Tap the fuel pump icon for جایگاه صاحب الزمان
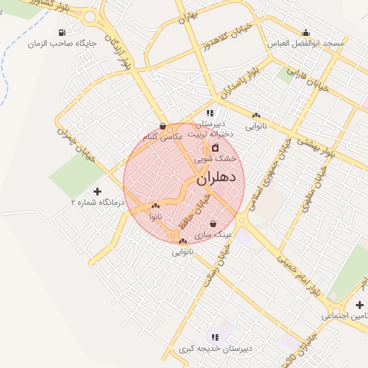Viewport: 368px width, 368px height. [63, 32]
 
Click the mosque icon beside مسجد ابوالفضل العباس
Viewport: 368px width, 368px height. [307, 32]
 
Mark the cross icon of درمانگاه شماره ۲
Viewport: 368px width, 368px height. [98, 191]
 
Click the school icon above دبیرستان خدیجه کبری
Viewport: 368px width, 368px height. [214, 337]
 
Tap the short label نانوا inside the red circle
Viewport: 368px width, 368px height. [156, 216]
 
